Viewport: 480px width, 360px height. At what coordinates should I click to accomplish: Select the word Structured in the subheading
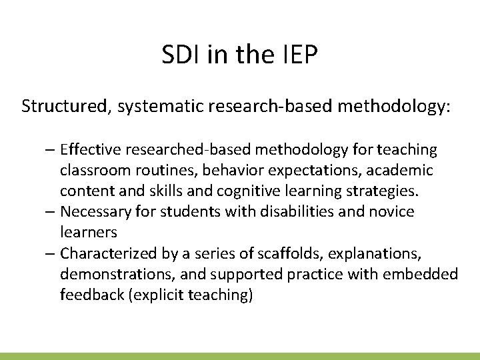coord(61,107)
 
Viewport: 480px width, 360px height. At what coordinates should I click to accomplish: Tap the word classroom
coord(91,170)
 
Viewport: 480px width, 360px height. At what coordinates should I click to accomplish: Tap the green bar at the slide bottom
coord(240,356)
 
